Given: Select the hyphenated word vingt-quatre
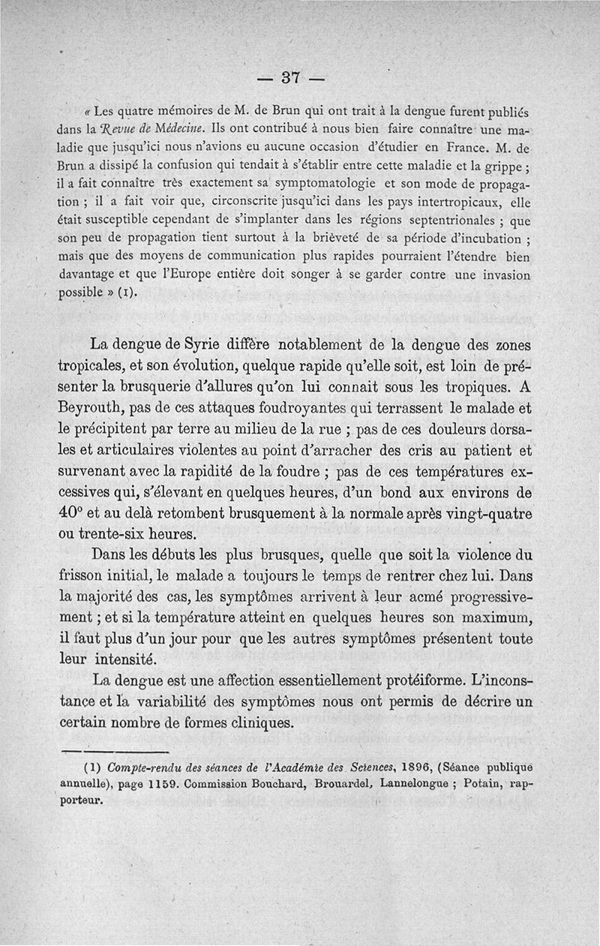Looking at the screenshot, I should (479, 515).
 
